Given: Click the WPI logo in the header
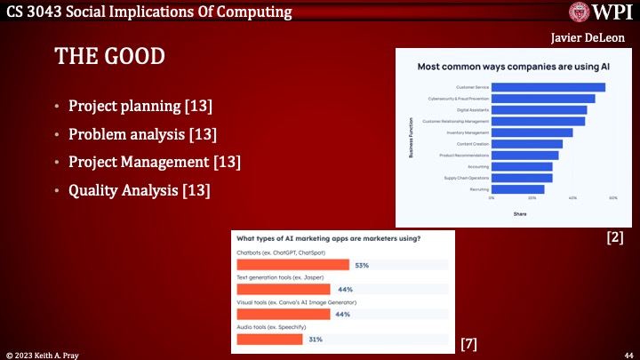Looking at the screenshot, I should click(x=601, y=12).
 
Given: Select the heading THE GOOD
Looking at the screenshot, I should click(x=110, y=56).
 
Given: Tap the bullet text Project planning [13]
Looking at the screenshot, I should click(x=140, y=108).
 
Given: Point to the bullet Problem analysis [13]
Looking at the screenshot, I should click(x=143, y=135).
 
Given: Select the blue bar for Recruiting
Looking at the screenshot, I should click(x=517, y=188).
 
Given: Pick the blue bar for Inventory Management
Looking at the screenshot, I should click(x=532, y=132).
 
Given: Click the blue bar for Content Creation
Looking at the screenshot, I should click(x=527, y=144).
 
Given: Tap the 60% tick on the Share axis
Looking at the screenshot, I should click(x=612, y=198).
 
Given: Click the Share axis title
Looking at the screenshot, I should click(x=520, y=213).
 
